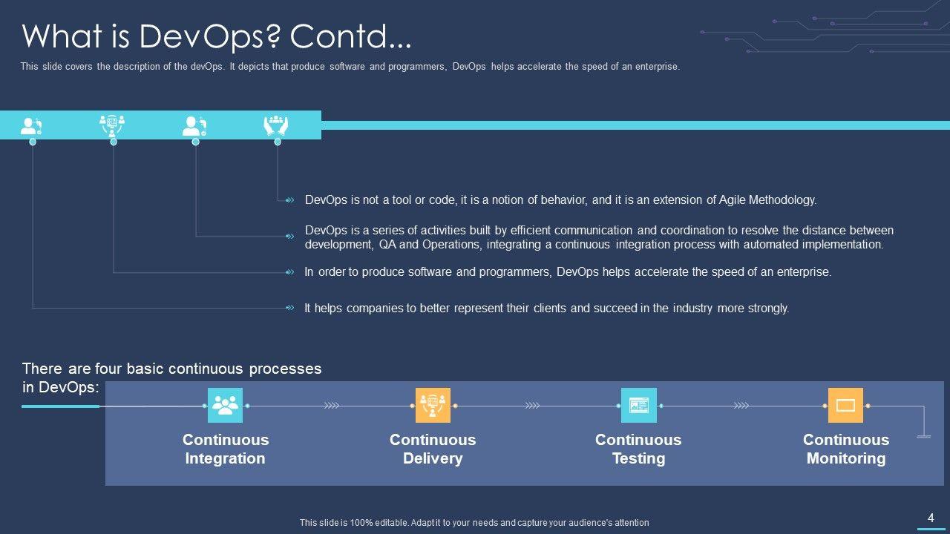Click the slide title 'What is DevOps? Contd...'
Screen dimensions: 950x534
(216, 37)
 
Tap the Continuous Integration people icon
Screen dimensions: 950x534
(225, 405)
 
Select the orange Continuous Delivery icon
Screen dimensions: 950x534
(433, 405)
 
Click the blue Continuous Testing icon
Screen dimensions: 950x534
(639, 405)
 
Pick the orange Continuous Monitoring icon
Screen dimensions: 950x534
(845, 405)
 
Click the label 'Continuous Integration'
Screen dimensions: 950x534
(226, 449)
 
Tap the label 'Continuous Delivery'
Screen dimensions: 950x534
(433, 449)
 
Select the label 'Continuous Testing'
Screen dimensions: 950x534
(638, 449)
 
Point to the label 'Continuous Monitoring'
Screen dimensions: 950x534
(846, 449)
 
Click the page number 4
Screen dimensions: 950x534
(931, 518)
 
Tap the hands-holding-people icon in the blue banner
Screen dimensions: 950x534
(275, 125)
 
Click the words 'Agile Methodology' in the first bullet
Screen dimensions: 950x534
(767, 200)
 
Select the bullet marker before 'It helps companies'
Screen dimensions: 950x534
(290, 308)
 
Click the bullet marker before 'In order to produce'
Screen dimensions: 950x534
(290, 272)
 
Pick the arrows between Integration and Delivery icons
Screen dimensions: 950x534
(332, 406)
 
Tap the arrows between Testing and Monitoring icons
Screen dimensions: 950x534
(741, 406)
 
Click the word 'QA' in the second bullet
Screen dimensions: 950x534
(387, 245)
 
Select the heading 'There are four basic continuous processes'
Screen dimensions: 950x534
(171, 369)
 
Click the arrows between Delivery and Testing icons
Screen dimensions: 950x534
(533, 406)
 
